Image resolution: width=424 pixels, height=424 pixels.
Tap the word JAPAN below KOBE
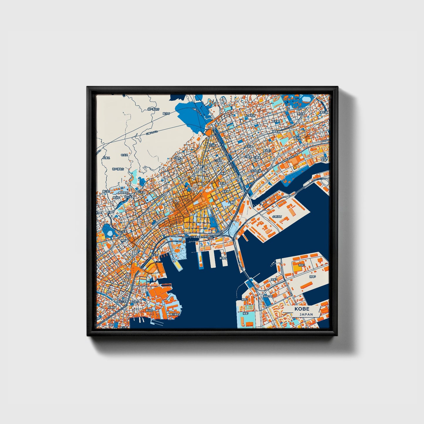pyautogui.click(x=306, y=314)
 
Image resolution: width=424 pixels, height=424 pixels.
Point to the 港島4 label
pyautogui.click(x=301, y=265)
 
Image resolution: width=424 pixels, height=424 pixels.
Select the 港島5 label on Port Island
pyautogui.click(x=312, y=276)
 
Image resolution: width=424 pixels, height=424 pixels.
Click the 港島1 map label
pyautogui.click(x=245, y=313)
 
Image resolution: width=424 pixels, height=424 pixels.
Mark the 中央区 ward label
pyautogui.click(x=124, y=155)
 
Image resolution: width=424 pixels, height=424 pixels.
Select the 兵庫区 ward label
pyautogui.click(x=106, y=158)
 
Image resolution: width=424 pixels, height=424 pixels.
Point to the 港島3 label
pyautogui.click(x=274, y=280)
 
